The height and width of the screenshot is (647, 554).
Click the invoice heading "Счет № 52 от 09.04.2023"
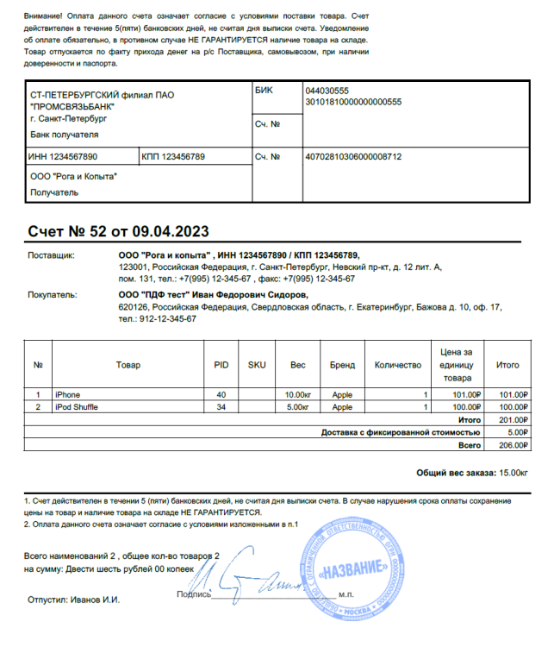[x=118, y=231]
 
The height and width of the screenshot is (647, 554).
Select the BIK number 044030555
[x=327, y=91]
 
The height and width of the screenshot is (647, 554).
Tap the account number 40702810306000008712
[x=354, y=157]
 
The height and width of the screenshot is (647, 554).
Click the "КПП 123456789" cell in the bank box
[x=172, y=157]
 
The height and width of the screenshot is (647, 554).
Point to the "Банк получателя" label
[x=64, y=135]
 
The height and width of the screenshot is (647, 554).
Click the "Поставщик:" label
[x=52, y=256]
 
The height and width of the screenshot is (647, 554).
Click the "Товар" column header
[x=128, y=365]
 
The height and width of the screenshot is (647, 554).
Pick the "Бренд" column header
[x=342, y=365]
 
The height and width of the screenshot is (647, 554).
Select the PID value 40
[x=221, y=395]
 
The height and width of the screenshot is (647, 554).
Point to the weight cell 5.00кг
[x=297, y=406]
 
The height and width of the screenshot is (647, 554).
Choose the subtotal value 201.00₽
[x=507, y=419]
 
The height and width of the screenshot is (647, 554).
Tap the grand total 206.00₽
[x=507, y=445]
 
